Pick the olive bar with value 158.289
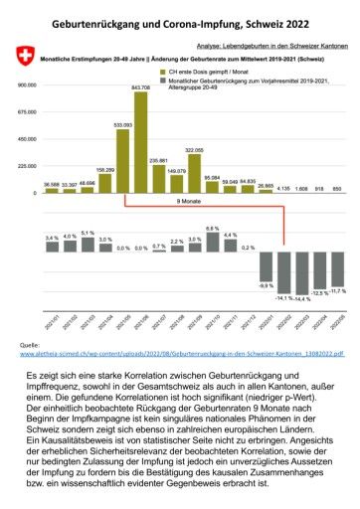(105, 182)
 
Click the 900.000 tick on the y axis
(24, 85)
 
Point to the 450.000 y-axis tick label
(24, 139)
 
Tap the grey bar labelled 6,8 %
(212, 238)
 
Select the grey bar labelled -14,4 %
(299, 273)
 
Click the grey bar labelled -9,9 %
(266, 267)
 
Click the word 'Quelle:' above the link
(30, 344)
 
